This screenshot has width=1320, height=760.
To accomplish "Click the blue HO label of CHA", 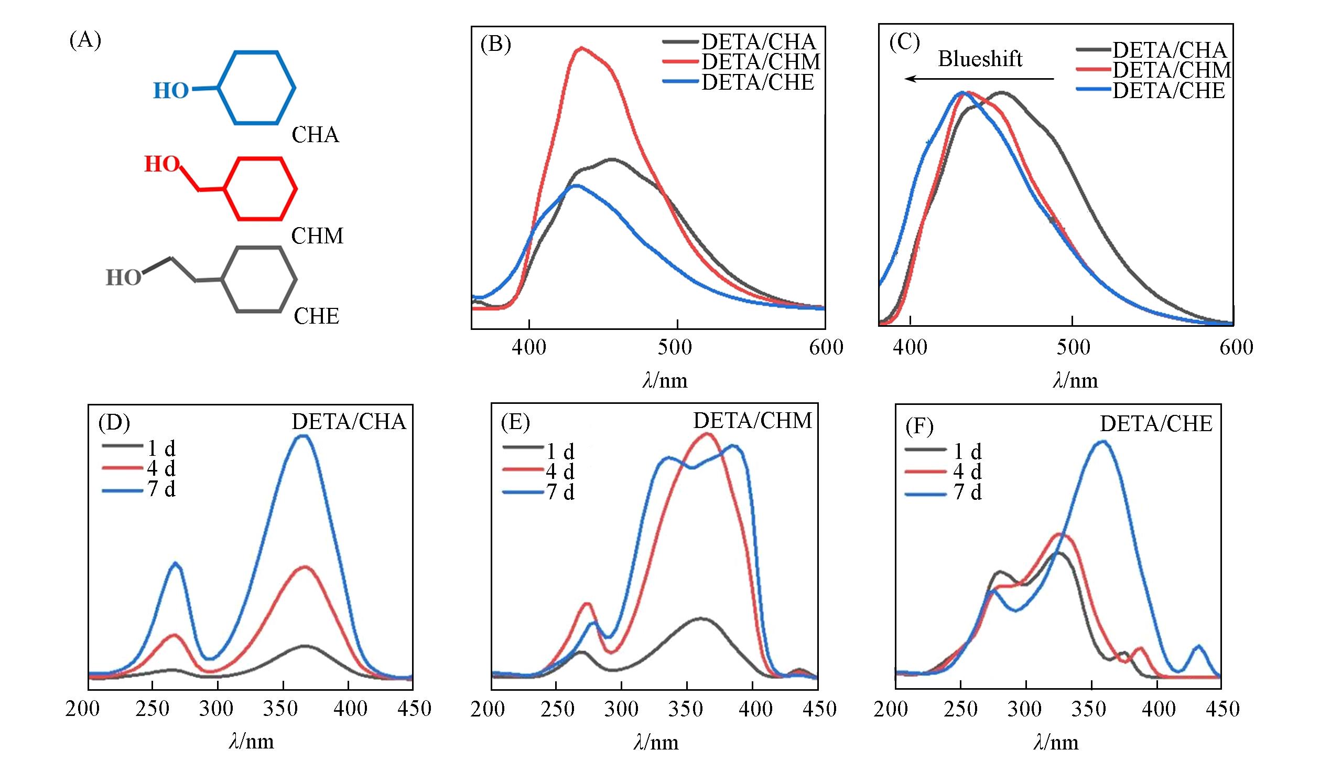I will click(x=170, y=91).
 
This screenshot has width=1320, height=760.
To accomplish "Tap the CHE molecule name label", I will click(x=316, y=316).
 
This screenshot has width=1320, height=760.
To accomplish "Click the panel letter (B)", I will click(x=495, y=45).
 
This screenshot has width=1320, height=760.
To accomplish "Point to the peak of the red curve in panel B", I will click(x=581, y=48).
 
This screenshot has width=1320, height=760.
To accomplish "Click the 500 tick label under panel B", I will click(x=675, y=347).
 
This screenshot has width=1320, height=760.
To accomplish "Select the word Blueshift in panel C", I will click(x=980, y=59).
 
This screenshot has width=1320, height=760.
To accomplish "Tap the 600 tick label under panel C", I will click(x=1236, y=347).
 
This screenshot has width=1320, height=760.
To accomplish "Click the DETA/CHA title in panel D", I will click(x=349, y=422).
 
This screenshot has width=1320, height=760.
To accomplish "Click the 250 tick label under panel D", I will click(x=152, y=709).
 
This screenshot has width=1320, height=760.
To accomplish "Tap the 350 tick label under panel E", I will click(x=686, y=709).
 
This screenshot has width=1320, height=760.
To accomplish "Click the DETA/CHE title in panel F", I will click(x=1156, y=424).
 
